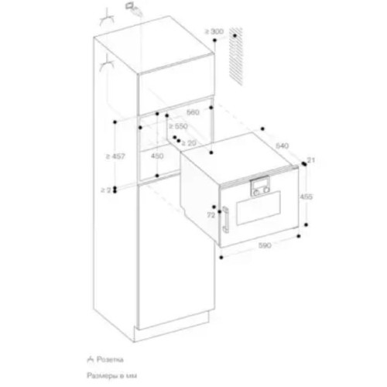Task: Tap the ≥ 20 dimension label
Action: point(190,142)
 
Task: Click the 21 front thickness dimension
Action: point(311,159)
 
